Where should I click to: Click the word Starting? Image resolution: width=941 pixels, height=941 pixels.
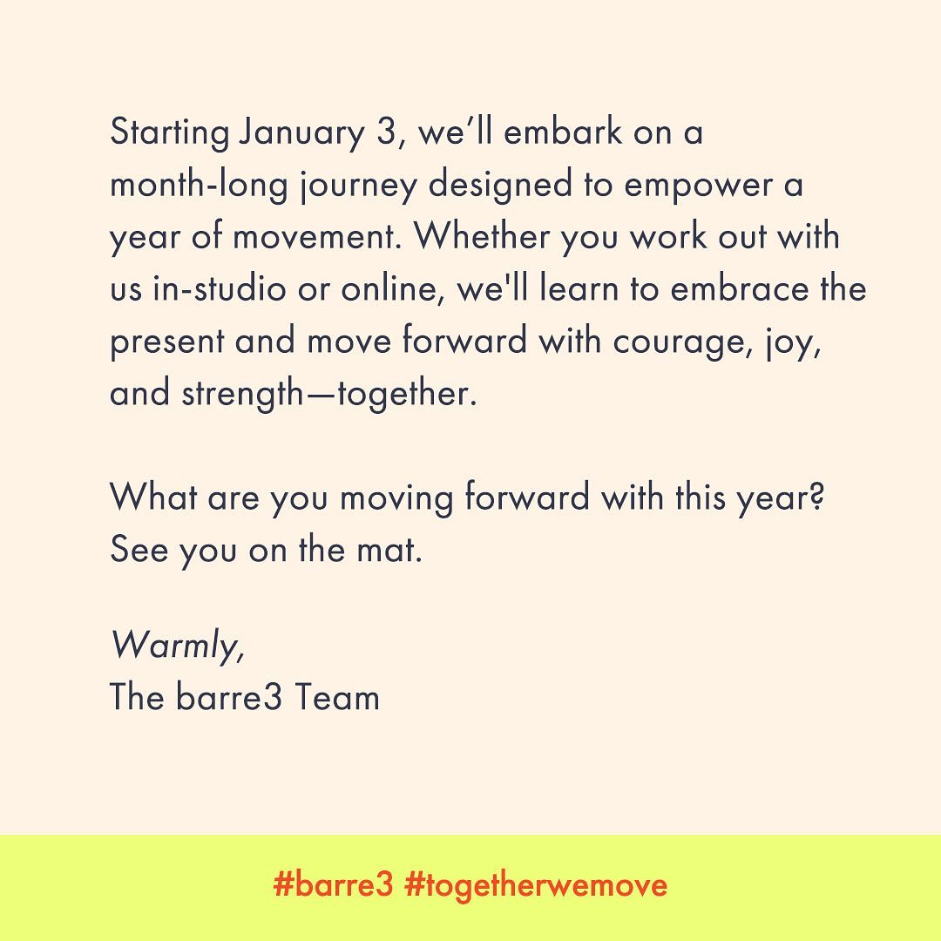(x=170, y=133)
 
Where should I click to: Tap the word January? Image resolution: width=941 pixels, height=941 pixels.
(x=301, y=133)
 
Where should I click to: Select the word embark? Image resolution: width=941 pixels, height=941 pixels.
(x=562, y=132)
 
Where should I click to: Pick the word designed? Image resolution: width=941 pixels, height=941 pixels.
(x=500, y=186)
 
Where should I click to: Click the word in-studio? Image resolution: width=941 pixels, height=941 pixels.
(x=220, y=288)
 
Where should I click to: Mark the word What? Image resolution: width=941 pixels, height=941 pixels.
(x=153, y=497)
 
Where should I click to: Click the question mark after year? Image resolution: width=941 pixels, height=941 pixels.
(x=816, y=498)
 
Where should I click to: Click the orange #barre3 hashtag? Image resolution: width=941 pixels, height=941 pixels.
(x=334, y=884)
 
